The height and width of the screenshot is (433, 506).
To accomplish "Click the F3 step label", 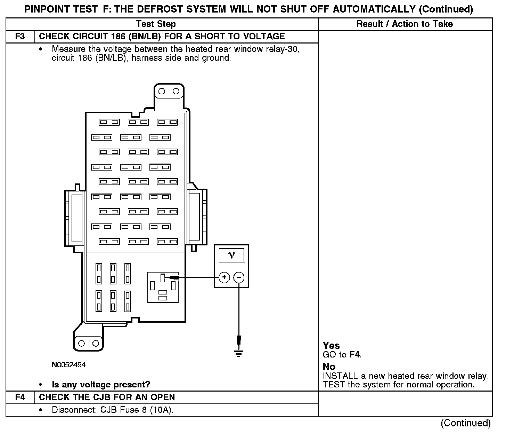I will coord(20,37).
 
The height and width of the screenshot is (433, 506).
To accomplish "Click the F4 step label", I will coord(20,397).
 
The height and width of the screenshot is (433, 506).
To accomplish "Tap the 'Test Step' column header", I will coord(156,24).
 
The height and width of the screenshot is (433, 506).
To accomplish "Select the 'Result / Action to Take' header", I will coord(405,24).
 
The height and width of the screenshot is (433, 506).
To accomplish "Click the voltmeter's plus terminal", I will coord(225,277).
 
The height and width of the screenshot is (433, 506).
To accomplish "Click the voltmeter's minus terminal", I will coord(239,277).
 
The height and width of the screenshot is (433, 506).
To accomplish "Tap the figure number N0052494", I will coord(68,365).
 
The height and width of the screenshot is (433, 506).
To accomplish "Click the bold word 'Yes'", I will coord(331,346).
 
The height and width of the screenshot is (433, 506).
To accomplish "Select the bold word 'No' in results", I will coord(329,367).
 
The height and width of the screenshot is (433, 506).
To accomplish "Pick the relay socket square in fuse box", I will coord(163,287).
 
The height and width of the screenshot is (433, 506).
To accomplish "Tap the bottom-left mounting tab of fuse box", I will coord(88,343).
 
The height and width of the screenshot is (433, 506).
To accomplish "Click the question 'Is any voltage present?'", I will coord(101,385).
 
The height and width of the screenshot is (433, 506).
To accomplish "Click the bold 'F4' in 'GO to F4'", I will coord(355,355).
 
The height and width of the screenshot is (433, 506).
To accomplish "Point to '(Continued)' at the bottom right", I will coord(465,423).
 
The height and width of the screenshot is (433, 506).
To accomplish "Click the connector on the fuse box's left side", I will coord(74,218).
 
